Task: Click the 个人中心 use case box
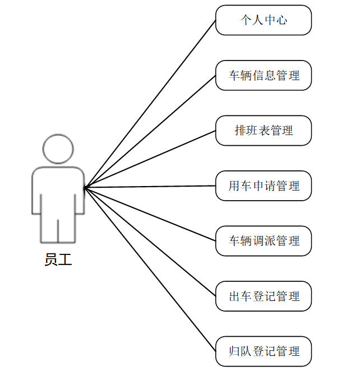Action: [x=264, y=20]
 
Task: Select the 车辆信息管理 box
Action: [x=264, y=75]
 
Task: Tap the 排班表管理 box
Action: [x=264, y=131]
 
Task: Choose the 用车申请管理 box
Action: [x=264, y=186]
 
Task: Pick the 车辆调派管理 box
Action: [x=264, y=241]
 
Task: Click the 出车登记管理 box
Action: [x=264, y=296]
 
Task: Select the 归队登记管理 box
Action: [x=264, y=351]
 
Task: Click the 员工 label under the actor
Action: [x=58, y=260]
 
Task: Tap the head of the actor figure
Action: [x=58, y=149]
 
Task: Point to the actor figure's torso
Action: [x=58, y=191]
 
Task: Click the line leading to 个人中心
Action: [x=150, y=104]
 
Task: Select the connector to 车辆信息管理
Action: [x=150, y=131]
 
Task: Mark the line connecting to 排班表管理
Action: [x=150, y=159]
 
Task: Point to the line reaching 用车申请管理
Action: [x=150, y=187]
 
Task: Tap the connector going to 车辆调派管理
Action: [x=150, y=214]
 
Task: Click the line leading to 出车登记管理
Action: [x=150, y=242]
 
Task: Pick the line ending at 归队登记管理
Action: [x=150, y=270]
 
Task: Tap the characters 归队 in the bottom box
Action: [x=240, y=351]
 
